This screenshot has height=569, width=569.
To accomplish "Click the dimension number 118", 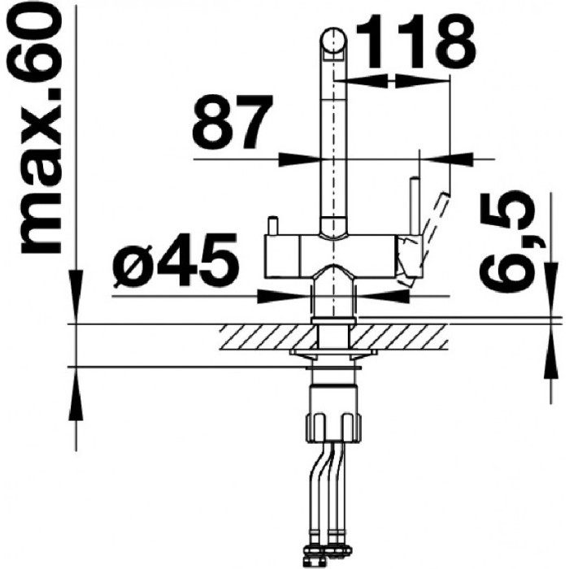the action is click(x=416, y=42).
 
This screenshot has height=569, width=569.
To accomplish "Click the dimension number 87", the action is click(x=232, y=122).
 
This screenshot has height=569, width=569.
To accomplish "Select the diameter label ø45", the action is click(x=176, y=260).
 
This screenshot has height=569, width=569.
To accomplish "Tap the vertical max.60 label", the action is click(x=39, y=132).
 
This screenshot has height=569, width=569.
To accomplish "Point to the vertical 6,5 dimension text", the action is click(x=508, y=245).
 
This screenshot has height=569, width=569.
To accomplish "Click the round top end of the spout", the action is click(x=333, y=40).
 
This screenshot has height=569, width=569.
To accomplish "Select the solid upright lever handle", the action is click(x=415, y=206).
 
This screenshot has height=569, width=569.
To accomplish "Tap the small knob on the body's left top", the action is click(x=272, y=226).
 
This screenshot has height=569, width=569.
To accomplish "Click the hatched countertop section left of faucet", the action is click(x=267, y=337).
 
